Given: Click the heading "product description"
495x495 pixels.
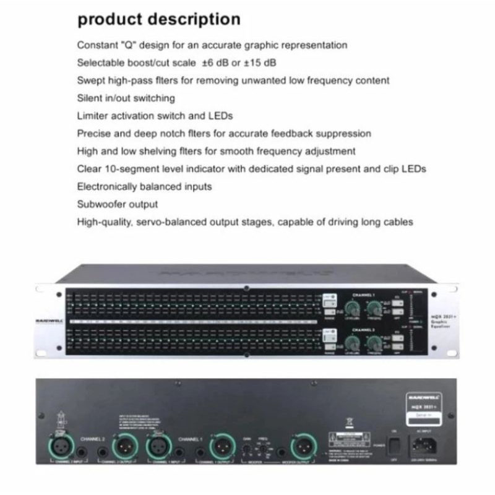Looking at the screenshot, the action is [x=158, y=19].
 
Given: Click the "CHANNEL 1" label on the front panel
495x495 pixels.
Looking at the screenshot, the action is [x=366, y=295].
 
